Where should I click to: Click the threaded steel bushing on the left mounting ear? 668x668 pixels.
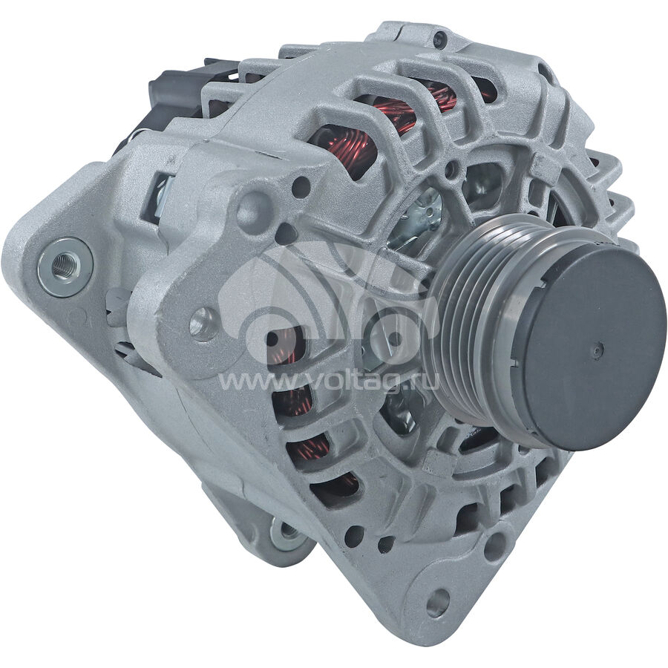point(65,267)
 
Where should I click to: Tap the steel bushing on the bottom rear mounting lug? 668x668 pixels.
point(289,532)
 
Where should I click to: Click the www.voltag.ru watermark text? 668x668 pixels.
point(328,382)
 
